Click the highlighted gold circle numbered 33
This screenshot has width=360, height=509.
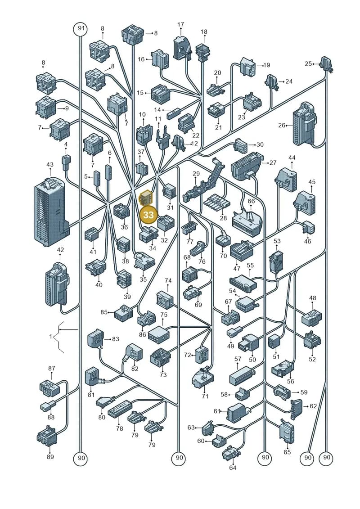click(x=148, y=215)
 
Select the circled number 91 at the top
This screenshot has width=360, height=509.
click(x=81, y=28)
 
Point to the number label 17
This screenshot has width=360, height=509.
click(x=181, y=24)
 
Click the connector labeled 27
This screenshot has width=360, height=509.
click(x=247, y=167)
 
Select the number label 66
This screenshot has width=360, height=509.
click(x=251, y=201)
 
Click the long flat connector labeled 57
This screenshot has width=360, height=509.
click(x=242, y=376)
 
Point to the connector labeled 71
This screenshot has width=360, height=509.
click(x=203, y=379)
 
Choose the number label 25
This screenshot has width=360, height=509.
click(x=308, y=63)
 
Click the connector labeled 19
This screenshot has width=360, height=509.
click(x=248, y=66)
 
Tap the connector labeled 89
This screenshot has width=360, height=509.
click(x=47, y=435)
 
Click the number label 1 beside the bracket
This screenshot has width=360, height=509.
click(x=51, y=337)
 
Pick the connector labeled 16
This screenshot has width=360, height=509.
click(x=160, y=59)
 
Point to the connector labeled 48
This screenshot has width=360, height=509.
click(x=312, y=318)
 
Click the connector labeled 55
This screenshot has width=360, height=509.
click(x=243, y=284)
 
